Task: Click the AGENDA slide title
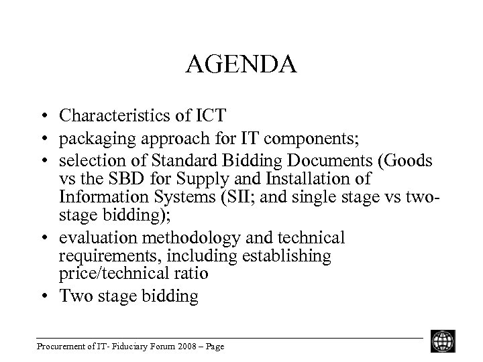[241, 66]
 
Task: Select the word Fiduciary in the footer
[118, 347]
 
